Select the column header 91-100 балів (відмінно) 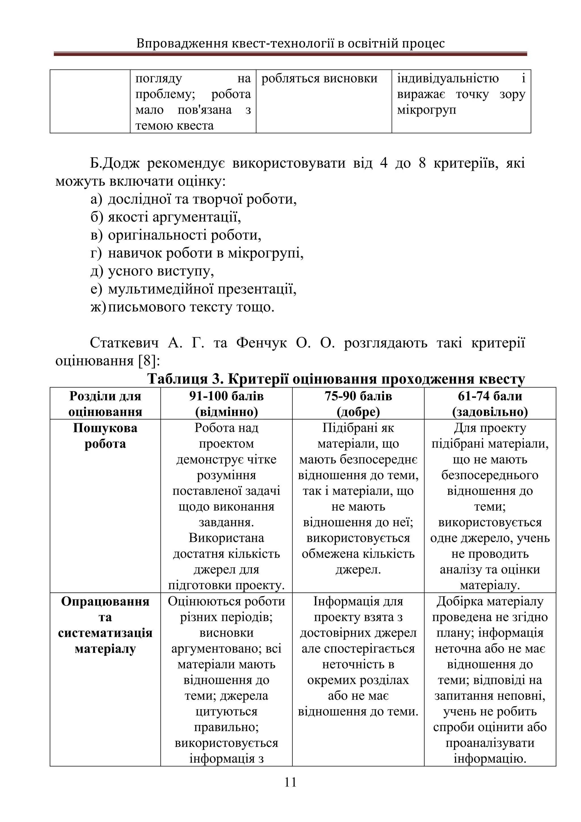(226, 404)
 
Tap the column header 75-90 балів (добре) (358, 404)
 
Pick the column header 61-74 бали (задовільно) (490, 404)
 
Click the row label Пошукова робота (105, 436)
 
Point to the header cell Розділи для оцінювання (105, 404)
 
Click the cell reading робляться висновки (319, 78)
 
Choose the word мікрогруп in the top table (426, 110)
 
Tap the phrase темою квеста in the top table (174, 125)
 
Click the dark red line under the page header (290, 54)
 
